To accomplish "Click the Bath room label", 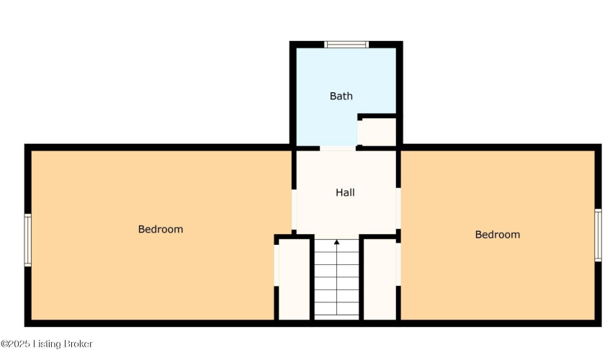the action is tap(341, 96).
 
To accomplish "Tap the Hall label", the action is tap(345, 192).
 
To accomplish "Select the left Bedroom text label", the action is tap(161, 230).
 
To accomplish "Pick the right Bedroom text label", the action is tap(498, 235).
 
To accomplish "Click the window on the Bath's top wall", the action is tap(346, 45).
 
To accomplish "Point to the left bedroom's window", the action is tap(27, 240).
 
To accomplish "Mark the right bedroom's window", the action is tap(598, 235).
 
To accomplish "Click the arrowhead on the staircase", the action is tap(336, 242).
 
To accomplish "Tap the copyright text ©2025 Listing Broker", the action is tap(47, 344).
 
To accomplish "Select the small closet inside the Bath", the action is tap(377, 132).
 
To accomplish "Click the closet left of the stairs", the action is tap(294, 279).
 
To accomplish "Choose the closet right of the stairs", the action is tap(380, 279).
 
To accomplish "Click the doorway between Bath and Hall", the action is tap(338, 148).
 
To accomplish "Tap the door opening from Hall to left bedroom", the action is tap(294, 210).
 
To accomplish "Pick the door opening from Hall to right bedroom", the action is tap(398, 208).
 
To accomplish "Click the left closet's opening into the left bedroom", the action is tap(277, 266).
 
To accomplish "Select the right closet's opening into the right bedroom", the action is tap(398, 264).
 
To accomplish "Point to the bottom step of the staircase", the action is tap(336, 318).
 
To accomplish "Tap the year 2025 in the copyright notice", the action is tap(19, 344).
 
